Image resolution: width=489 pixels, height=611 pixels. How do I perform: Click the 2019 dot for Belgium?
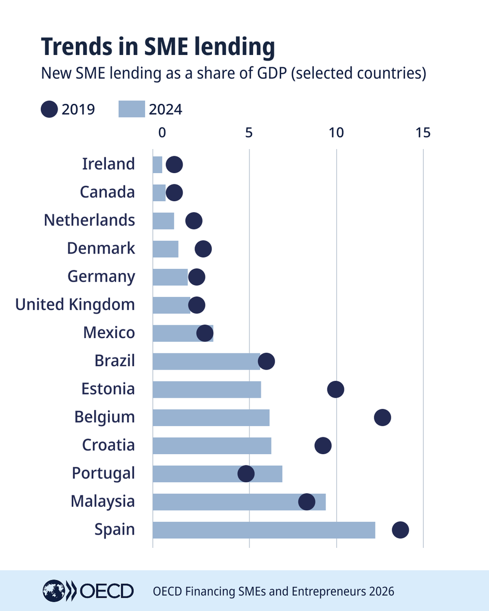point(383,418)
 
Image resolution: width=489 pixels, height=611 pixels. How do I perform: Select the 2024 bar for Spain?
point(264,530)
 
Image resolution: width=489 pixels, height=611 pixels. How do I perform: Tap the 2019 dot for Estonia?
point(336,390)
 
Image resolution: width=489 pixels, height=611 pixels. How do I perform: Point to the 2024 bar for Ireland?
point(157,164)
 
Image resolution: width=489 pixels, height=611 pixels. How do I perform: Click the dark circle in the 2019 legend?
point(49,109)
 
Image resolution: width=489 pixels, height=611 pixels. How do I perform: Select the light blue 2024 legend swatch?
point(131,109)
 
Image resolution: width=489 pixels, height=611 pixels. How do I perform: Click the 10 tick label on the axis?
point(336,133)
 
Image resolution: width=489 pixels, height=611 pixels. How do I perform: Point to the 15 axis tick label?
point(423,133)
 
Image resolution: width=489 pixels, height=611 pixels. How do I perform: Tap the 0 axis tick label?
point(162,133)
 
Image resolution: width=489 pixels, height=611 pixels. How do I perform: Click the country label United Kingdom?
point(75,304)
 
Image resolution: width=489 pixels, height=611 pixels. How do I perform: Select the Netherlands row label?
point(90,220)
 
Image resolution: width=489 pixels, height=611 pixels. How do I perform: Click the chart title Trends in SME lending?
point(158,47)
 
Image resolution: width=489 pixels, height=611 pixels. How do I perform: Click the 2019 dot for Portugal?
point(246,474)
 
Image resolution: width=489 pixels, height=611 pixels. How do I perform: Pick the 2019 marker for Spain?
point(400,530)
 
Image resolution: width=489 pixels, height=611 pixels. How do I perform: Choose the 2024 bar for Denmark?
point(166,249)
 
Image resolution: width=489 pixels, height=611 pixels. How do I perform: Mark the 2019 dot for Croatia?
point(323,446)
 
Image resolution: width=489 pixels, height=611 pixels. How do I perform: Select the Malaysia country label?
point(103,501)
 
